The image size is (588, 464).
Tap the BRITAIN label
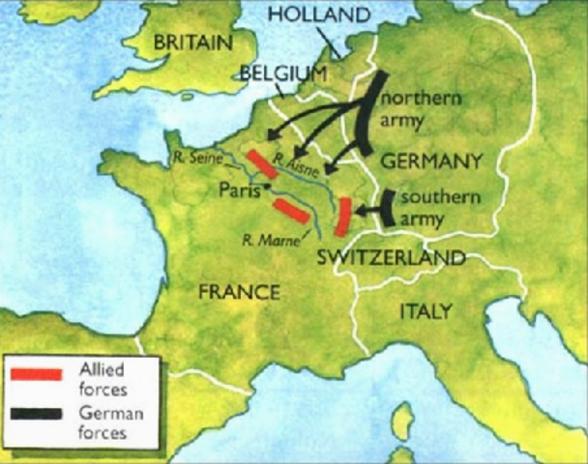[191, 43]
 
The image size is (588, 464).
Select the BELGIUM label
[284, 73]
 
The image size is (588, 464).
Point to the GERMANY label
[430, 159]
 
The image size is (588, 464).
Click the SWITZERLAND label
[392, 258]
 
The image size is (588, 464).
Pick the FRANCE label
[238, 291]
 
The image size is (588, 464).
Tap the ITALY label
[426, 311]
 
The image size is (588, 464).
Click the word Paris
[239, 188]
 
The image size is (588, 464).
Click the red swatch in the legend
[37, 372]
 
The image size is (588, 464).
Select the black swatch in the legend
[37, 416]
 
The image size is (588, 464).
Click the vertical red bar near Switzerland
[341, 216]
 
